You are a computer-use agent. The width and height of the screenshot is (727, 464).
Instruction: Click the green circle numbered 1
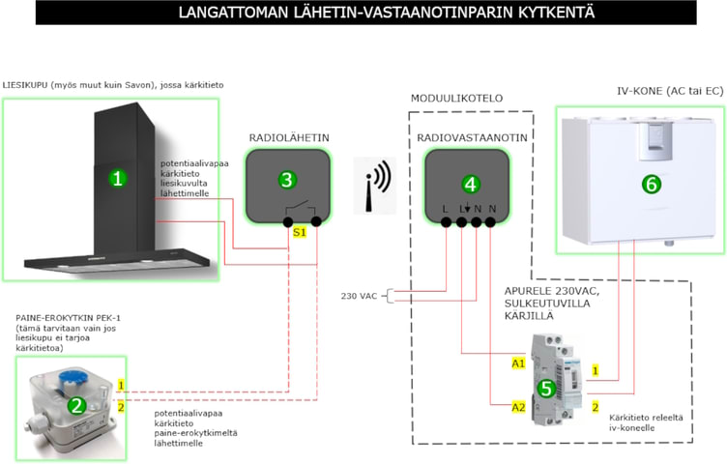click(x=117, y=178)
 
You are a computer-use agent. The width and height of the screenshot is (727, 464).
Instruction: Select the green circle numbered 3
click(x=285, y=180)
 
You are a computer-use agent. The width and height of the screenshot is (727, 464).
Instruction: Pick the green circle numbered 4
click(x=470, y=183)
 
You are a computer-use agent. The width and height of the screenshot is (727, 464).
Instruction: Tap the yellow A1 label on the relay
click(x=519, y=363)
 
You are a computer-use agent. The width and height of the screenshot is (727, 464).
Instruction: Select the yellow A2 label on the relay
click(x=519, y=407)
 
